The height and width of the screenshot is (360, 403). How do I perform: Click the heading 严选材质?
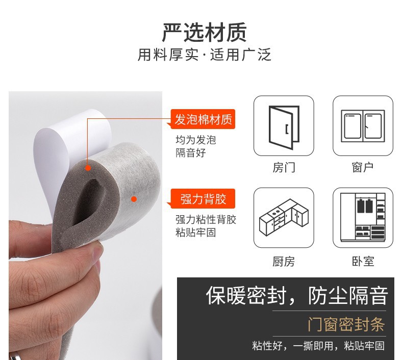[205, 32]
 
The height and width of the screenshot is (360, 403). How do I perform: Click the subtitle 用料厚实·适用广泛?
[205, 55]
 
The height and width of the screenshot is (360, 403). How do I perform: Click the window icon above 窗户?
[363, 126]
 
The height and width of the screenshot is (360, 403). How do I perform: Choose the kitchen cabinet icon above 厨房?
[284, 217]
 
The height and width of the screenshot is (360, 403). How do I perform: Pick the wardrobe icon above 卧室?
[363, 217]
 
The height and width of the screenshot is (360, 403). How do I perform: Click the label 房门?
[284, 168]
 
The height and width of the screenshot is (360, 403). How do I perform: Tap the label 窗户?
[363, 168]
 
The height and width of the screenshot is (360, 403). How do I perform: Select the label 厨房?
[284, 262]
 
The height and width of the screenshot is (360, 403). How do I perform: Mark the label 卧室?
[363, 262]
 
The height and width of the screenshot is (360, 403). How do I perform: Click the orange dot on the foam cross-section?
[88, 168]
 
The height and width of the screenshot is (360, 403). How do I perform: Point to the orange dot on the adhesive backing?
[134, 199]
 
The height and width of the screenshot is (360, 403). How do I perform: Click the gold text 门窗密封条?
[346, 324]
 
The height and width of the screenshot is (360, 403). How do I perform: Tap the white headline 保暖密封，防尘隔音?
[297, 296]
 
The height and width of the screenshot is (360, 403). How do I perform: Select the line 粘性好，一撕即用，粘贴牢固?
[318, 346]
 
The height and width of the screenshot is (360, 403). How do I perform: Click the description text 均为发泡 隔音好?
[196, 146]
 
